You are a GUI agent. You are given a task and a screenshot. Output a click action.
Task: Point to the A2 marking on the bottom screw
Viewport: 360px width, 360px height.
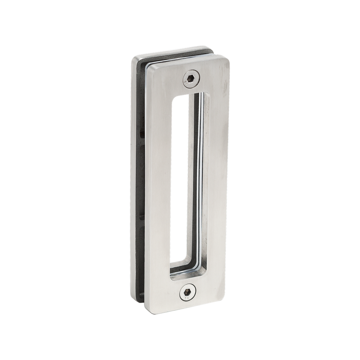point(187,298)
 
